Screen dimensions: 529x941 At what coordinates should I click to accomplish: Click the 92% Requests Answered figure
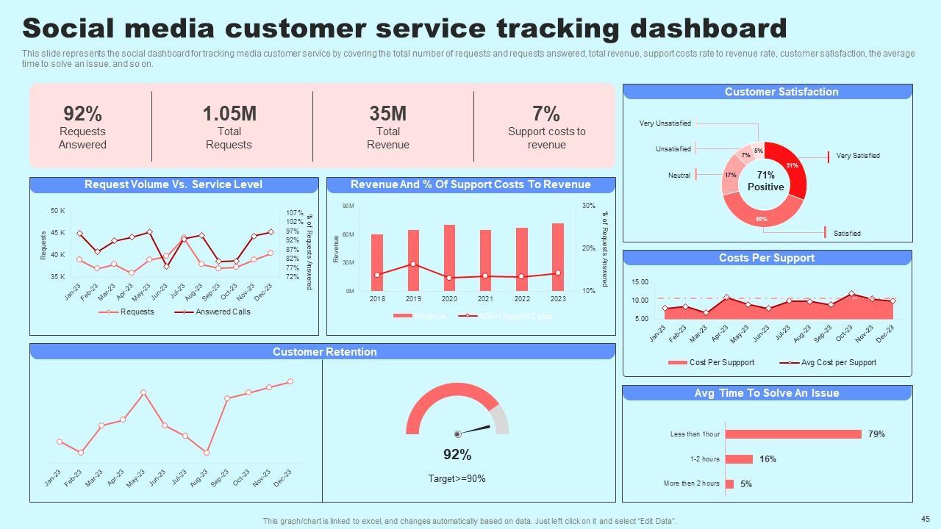[82, 114]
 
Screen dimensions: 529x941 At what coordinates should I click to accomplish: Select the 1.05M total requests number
[229, 114]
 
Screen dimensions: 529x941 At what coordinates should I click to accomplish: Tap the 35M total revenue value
[387, 114]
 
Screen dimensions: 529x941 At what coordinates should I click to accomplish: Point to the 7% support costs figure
[546, 114]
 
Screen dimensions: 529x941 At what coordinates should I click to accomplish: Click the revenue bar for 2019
[413, 260]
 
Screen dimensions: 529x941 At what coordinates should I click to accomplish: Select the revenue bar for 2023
[558, 257]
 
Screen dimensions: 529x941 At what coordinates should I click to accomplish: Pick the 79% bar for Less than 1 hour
[793, 434]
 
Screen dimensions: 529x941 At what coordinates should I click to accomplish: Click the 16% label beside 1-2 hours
[768, 459]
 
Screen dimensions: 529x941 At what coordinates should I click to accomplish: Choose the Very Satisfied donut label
[858, 156]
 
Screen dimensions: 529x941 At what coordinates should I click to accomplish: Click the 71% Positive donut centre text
[765, 181]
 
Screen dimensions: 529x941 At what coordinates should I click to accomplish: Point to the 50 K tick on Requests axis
[57, 211]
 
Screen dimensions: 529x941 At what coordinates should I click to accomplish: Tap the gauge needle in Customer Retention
[474, 430]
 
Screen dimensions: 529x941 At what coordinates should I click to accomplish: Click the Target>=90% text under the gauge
[457, 479]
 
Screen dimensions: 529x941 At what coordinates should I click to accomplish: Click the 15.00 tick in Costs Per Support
[640, 282]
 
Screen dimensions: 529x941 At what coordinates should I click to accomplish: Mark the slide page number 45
[925, 518]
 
